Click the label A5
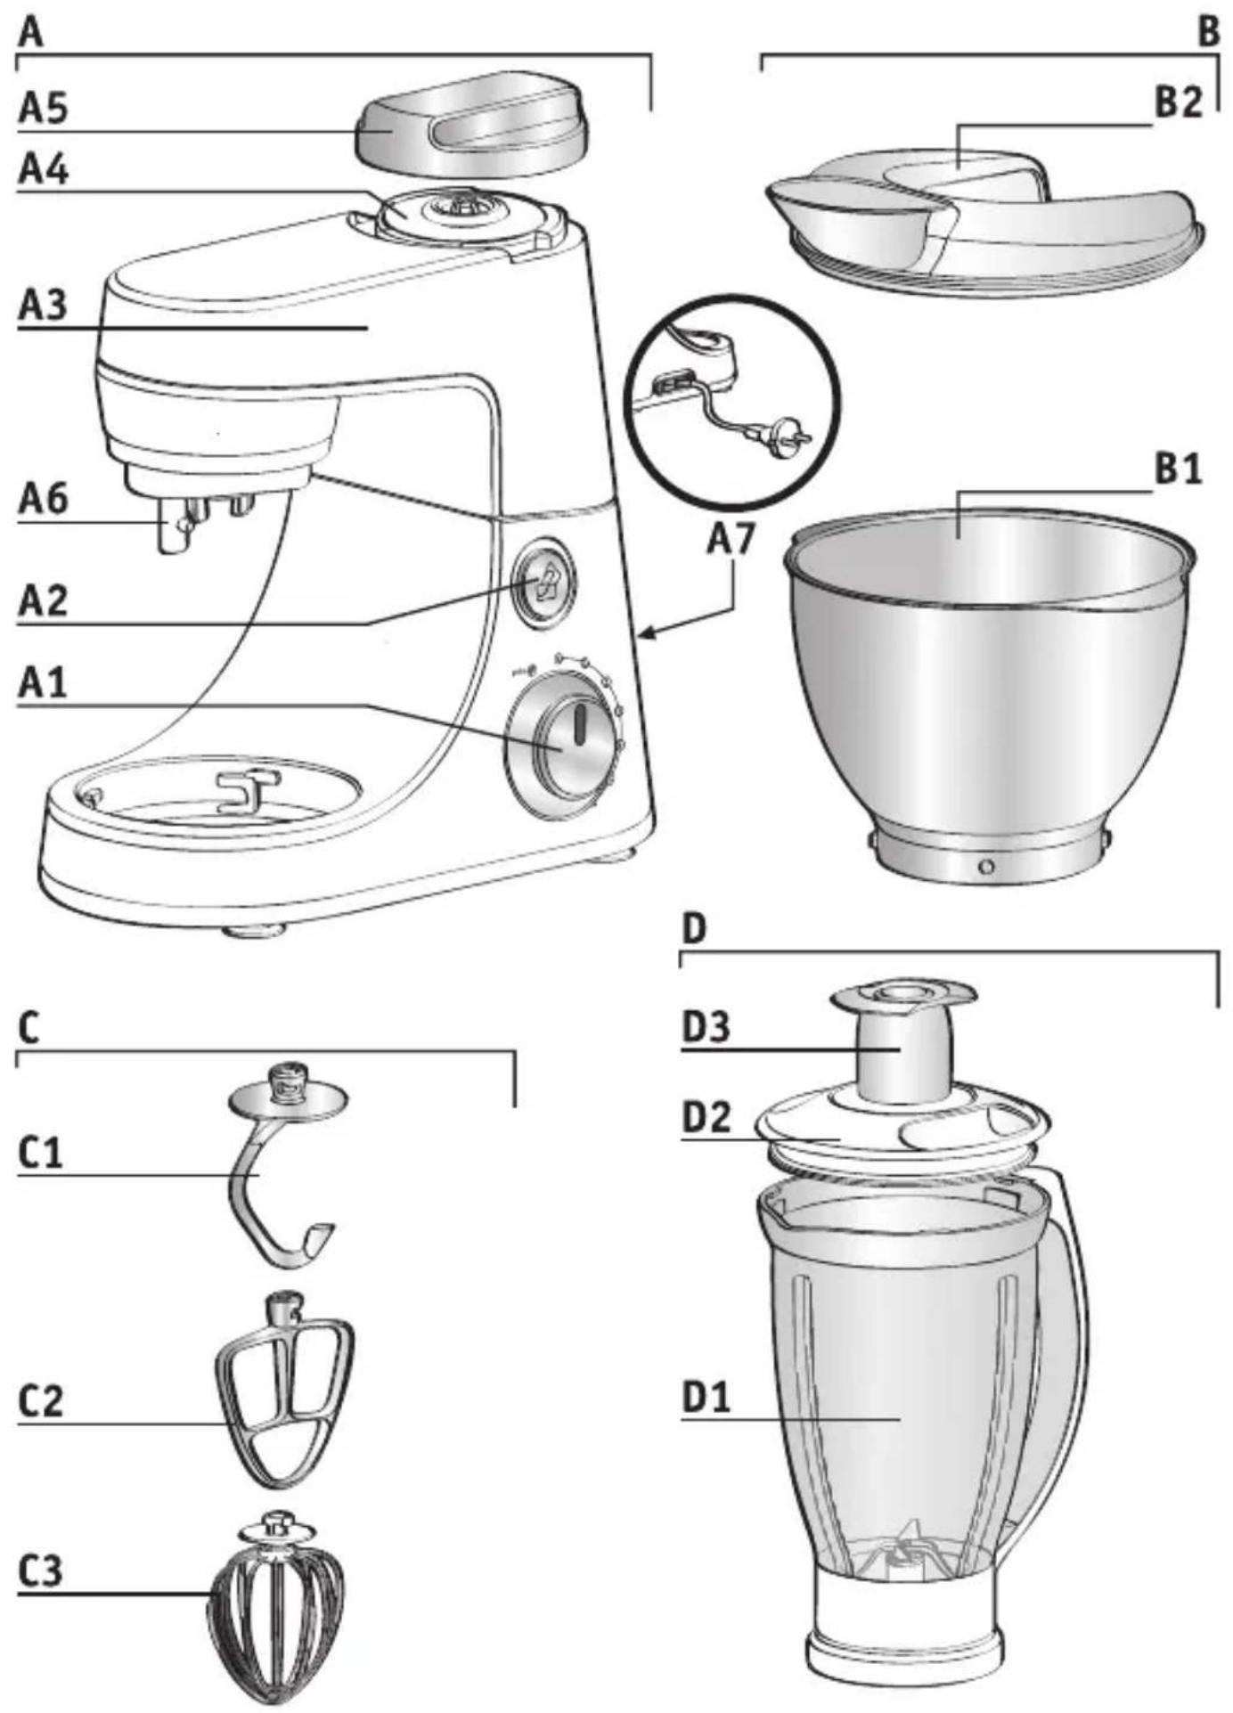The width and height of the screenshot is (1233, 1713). click(x=43, y=109)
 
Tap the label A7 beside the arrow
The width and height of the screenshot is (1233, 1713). click(x=731, y=538)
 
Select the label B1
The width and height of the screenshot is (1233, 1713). click(x=1178, y=469)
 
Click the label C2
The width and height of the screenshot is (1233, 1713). click(x=42, y=1402)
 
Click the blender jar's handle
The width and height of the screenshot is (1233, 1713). click(x=1065, y=1318)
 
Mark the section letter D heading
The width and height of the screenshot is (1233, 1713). click(x=694, y=929)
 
